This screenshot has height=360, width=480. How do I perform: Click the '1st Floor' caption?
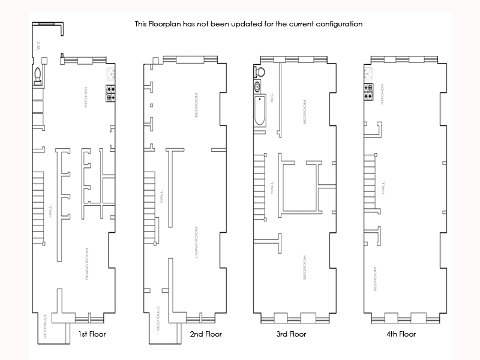92,334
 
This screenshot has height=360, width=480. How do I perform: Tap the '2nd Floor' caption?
206,334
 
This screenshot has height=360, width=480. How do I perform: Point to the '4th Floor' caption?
400,334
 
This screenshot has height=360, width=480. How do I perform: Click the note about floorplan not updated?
248,25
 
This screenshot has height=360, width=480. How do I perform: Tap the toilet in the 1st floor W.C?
38,75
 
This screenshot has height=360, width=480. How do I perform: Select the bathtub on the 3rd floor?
260,110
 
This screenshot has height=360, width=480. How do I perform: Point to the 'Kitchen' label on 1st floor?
86,97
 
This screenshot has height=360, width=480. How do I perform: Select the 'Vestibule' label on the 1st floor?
46,328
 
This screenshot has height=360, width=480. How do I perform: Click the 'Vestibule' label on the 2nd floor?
158,317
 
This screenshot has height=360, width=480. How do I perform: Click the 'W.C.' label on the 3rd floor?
272,97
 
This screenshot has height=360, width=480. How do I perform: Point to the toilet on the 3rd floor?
260,71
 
